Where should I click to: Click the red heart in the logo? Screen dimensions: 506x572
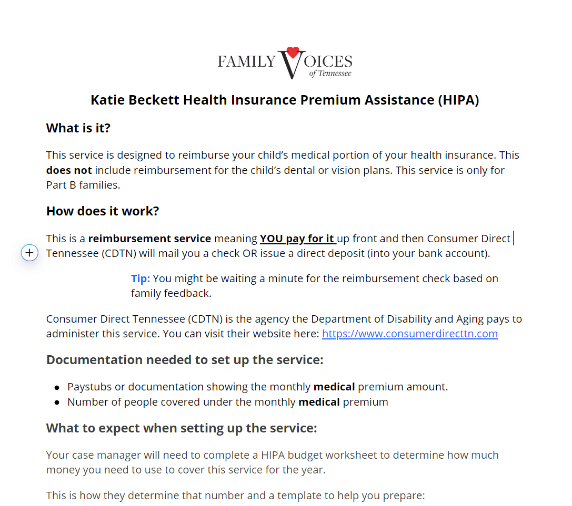[x=293, y=52]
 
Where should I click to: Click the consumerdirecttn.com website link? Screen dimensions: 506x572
[x=409, y=334]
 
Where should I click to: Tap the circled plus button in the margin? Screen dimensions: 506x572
[x=30, y=253]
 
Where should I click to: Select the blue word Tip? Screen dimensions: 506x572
[x=141, y=278]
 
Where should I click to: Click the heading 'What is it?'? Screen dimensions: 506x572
[x=78, y=128]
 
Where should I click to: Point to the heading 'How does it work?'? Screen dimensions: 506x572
[x=103, y=211]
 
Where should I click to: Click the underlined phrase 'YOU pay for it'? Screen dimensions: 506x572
[x=298, y=239]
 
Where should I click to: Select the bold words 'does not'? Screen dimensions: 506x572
[x=69, y=170]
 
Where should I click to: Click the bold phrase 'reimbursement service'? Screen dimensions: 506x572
[x=149, y=239]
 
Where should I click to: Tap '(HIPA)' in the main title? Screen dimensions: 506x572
[x=458, y=100]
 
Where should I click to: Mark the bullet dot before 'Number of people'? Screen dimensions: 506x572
[x=57, y=403]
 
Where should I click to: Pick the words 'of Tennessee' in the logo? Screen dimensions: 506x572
[x=330, y=73]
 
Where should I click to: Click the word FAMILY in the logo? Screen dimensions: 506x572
[x=247, y=62]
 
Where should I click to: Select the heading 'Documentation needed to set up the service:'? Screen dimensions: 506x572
[x=185, y=360]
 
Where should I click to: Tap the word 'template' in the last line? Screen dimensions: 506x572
[x=306, y=495]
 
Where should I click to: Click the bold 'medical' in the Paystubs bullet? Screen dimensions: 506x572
[x=334, y=387]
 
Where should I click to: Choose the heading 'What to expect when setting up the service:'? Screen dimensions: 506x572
[x=182, y=428]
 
